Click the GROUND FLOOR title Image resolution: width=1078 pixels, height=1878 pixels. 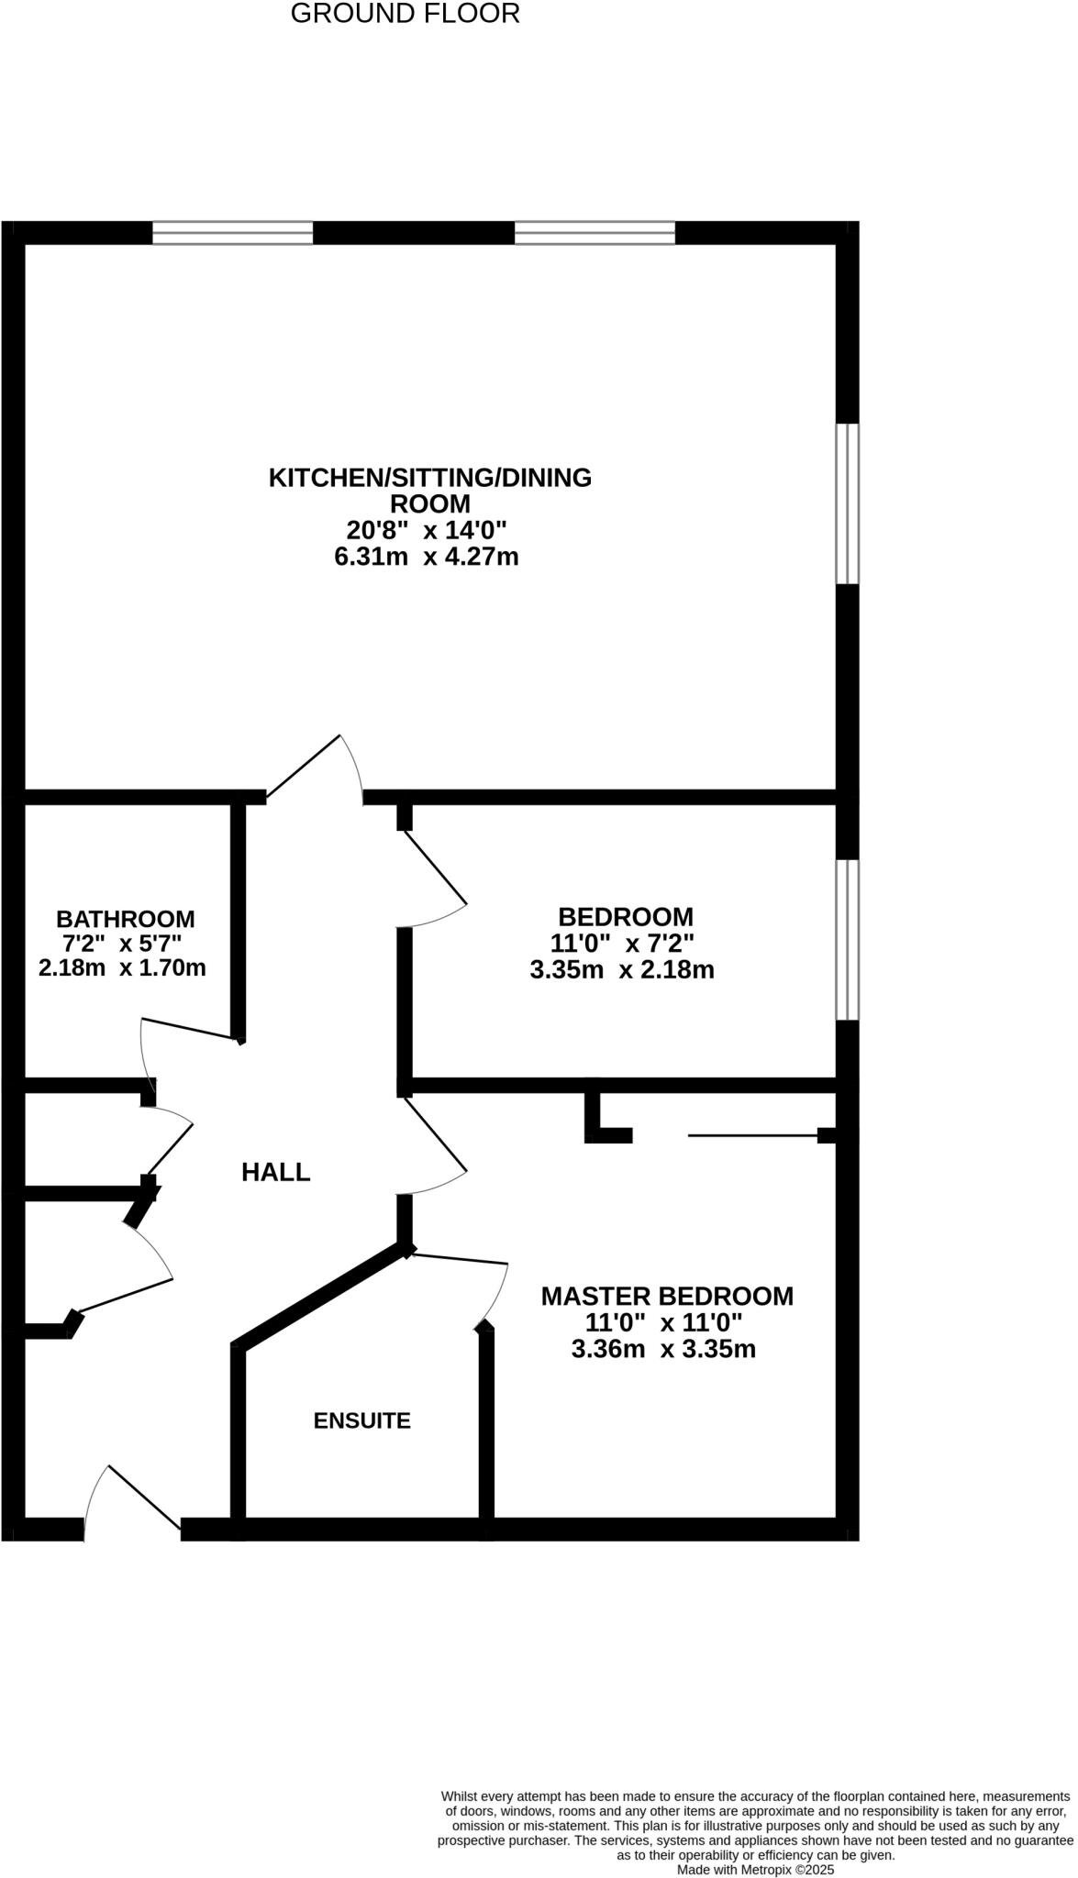pyautogui.click(x=405, y=14)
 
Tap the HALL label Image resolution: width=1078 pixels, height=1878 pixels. pyautogui.click(x=275, y=1172)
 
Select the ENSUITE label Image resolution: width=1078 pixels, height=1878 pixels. pyautogui.click(x=361, y=1420)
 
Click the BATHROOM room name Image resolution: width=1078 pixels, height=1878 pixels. pyautogui.click(x=125, y=918)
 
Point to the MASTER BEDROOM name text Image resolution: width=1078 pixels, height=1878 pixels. pyautogui.click(x=667, y=1296)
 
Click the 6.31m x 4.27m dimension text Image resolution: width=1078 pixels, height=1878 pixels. pyautogui.click(x=427, y=557)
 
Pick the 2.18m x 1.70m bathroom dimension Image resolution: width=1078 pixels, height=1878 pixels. pyautogui.click(x=122, y=967)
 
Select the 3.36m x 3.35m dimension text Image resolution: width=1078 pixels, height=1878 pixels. pyautogui.click(x=663, y=1349)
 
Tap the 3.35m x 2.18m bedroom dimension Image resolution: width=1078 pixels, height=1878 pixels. pyautogui.click(x=622, y=969)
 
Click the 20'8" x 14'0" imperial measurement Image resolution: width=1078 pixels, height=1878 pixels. pyautogui.click(x=427, y=530)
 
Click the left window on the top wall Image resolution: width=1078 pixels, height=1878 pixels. pyautogui.click(x=233, y=233)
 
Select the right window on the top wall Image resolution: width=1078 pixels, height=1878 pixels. pyautogui.click(x=595, y=233)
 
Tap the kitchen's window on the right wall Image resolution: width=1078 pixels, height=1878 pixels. pyautogui.click(x=847, y=503)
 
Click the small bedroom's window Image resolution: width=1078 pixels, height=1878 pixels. pyautogui.click(x=847, y=940)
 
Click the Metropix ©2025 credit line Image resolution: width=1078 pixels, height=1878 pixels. pyautogui.click(x=755, y=1870)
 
